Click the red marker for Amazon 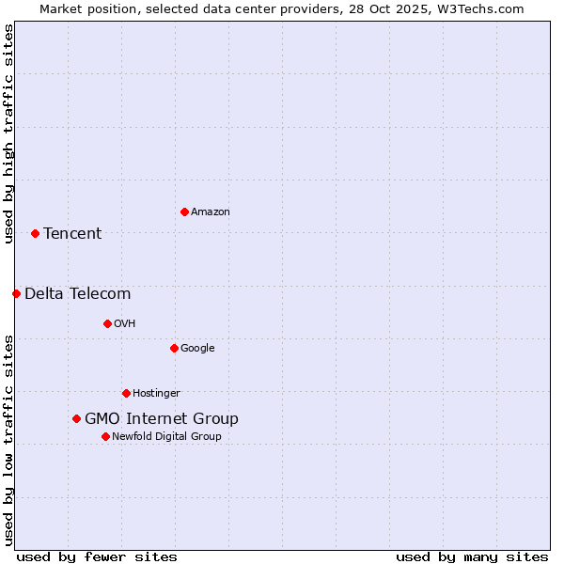(184, 211)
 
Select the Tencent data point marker (35, 233)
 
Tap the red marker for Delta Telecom (16, 293)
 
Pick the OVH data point (107, 323)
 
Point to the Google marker (174, 348)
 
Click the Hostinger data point (126, 393)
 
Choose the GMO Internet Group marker (76, 418)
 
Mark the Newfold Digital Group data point (105, 436)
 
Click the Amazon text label (211, 212)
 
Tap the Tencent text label (72, 234)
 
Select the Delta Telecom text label (78, 294)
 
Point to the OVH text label (125, 324)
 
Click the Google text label (197, 349)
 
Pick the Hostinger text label (156, 394)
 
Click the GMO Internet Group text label (162, 419)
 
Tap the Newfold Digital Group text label (166, 437)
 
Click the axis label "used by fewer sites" (97, 556)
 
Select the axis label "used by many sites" (472, 556)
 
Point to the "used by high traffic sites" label (8, 133)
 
